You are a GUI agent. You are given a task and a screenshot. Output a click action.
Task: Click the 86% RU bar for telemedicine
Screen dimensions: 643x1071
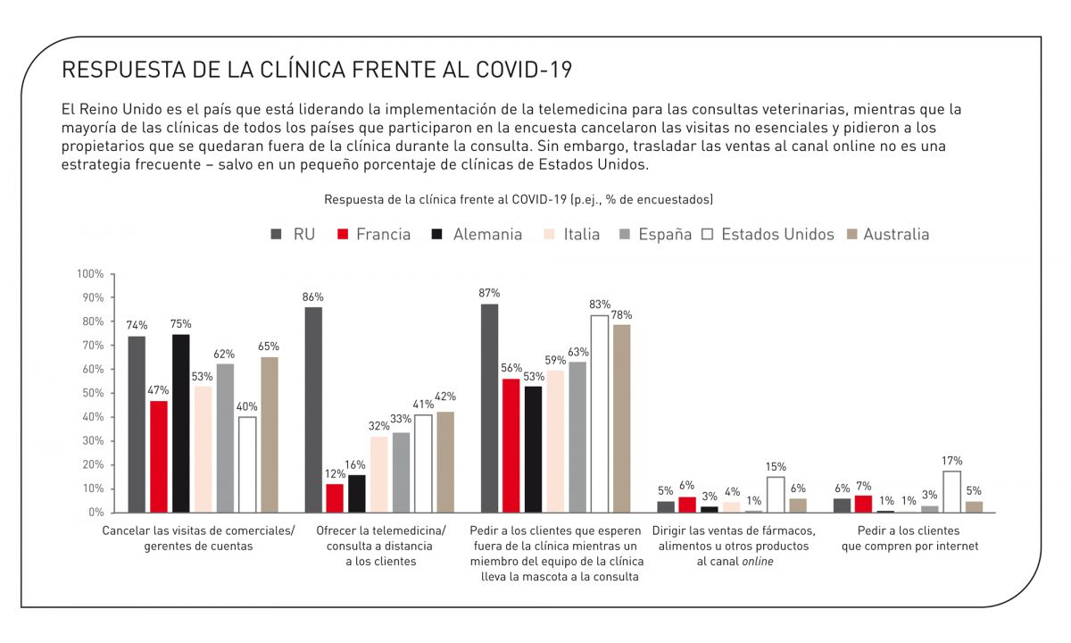tap(313, 410)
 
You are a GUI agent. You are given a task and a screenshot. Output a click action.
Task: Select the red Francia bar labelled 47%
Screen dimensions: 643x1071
tap(158, 456)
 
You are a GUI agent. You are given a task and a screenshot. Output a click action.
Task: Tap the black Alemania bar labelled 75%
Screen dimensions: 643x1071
tap(180, 423)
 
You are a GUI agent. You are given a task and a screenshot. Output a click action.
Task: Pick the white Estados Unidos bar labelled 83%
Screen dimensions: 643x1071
tap(599, 413)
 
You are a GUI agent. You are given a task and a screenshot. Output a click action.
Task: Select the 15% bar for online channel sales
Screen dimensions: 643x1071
tap(776, 495)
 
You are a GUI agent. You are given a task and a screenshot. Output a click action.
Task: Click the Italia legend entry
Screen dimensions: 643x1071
tap(570, 234)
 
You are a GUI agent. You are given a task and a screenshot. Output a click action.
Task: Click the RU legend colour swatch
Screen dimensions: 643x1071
tap(276, 234)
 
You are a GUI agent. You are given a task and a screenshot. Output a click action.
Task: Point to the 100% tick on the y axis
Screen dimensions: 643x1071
tap(92, 273)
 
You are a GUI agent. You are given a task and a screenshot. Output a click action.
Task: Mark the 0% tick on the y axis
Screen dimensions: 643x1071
tap(96, 513)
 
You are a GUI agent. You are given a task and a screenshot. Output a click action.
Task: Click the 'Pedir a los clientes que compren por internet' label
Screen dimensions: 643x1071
tap(909, 539)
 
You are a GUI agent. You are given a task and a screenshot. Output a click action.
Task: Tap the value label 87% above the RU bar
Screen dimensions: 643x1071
tap(489, 293)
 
